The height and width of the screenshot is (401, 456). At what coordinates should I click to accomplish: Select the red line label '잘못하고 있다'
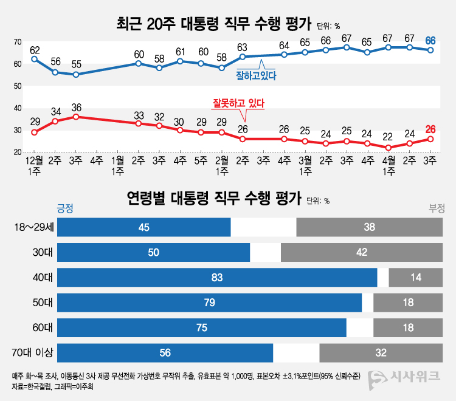238,103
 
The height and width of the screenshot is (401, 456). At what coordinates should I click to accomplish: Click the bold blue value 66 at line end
430,41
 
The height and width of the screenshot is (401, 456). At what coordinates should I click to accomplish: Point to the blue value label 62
35,50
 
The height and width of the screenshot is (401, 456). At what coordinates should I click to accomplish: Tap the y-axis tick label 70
18,42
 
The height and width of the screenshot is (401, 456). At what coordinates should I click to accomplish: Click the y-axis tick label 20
18,152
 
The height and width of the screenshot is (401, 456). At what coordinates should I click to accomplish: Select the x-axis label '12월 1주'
34,166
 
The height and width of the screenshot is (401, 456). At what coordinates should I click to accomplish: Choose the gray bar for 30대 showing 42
362,252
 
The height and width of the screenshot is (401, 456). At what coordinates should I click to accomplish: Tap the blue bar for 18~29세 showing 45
144,227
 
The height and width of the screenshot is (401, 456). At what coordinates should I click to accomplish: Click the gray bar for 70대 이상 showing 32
381,353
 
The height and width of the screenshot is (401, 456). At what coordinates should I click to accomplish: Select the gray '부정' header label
437,208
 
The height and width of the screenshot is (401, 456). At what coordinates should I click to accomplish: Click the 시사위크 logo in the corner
404,377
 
